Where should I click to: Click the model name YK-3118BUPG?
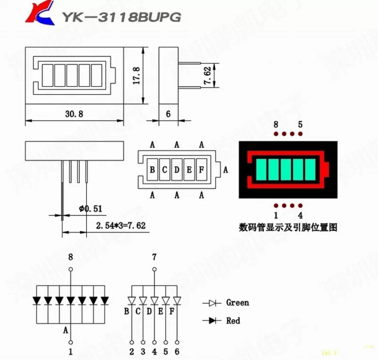[120, 17]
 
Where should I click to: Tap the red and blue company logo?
[41, 14]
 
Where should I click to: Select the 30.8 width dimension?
[73, 114]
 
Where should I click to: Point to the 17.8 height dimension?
[136, 76]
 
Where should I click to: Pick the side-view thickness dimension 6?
[168, 114]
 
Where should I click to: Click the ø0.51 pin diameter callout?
[91, 208]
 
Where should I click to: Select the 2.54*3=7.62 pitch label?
[120, 226]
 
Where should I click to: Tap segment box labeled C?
[164, 170]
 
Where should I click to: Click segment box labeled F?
[201, 170]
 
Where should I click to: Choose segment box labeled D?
[177, 170]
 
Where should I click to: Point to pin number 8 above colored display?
[276, 125]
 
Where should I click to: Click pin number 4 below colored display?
[300, 215]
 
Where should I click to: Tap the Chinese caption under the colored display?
[288, 227]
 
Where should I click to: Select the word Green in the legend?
[237, 302]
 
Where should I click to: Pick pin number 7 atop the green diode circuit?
[154, 257]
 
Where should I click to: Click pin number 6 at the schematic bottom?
[177, 351]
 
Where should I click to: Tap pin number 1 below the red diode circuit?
[71, 351]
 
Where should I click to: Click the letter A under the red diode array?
[66, 330]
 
